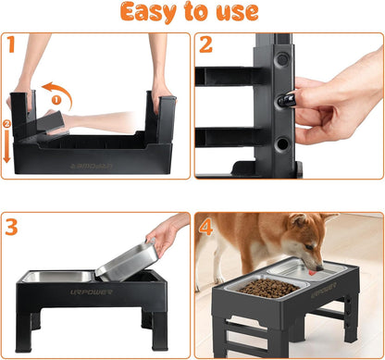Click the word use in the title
(236, 13)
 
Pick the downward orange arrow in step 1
(8, 144)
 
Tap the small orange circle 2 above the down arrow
(8, 121)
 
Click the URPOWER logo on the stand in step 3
(55, 292)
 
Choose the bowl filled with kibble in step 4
(268, 288)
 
